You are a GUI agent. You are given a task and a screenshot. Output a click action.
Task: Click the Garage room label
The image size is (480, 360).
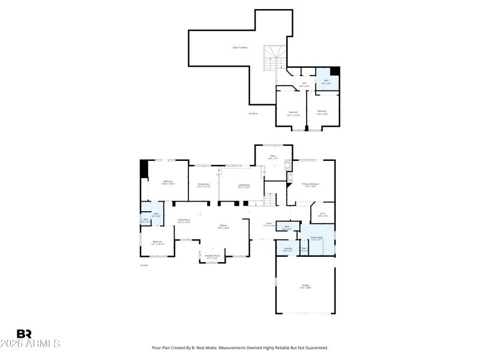[305, 286]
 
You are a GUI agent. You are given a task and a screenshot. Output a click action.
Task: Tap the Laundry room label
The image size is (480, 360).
[288, 248]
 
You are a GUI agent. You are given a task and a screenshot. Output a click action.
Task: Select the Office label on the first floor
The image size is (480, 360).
[272, 156]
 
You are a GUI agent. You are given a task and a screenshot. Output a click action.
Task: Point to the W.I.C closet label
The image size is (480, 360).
[322, 213]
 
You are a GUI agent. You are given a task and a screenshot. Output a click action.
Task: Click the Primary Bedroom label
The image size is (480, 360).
[310, 184]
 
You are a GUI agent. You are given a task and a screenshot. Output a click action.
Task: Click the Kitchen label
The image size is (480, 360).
[222, 226]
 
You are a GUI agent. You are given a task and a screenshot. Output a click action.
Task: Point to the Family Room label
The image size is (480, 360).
[184, 220]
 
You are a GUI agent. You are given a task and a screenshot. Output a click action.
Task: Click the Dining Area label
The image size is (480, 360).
[203, 184]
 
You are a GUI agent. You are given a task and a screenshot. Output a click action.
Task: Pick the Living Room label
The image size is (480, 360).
[244, 185]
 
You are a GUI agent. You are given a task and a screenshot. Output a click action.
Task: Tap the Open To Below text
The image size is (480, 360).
[240, 47]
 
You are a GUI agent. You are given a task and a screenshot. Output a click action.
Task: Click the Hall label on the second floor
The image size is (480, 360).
[304, 83]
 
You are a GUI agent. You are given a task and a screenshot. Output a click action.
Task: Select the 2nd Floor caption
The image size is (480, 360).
[253, 113]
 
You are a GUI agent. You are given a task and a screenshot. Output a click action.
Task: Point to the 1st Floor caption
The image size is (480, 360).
[144, 265]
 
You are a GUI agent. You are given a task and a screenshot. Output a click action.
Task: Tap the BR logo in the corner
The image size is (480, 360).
[24, 334]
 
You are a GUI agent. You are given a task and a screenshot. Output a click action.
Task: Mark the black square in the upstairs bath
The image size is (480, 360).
[335, 71]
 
